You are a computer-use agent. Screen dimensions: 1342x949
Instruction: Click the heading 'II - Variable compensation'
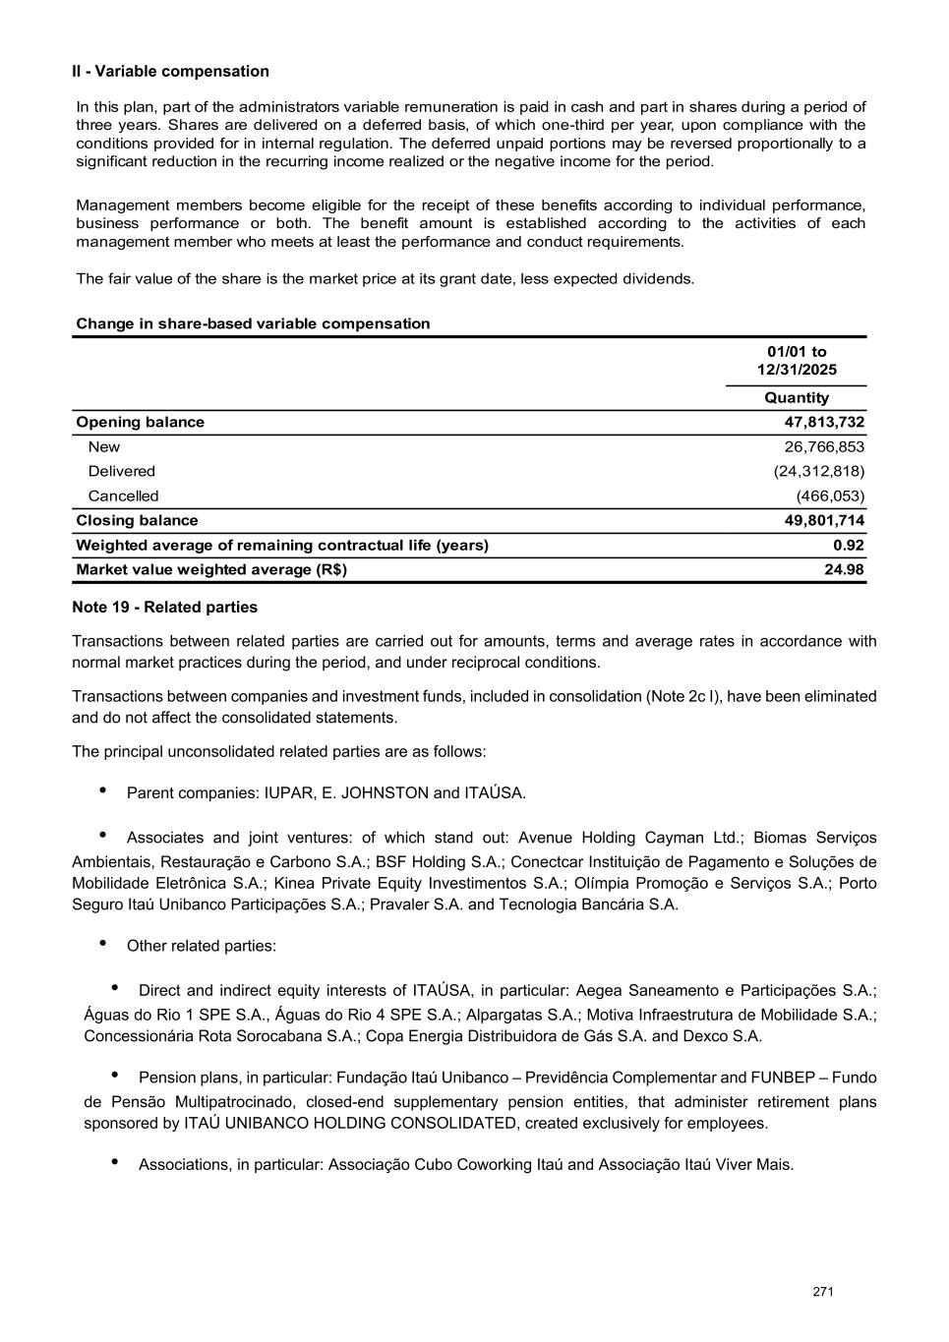170,72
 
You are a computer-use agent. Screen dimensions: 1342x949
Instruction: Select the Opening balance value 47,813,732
824,423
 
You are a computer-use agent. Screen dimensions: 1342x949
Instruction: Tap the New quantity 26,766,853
824,447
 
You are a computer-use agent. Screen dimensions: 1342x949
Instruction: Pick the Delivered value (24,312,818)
819,472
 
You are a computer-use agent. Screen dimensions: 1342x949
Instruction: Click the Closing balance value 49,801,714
824,521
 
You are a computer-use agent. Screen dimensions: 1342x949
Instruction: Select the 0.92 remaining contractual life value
849,546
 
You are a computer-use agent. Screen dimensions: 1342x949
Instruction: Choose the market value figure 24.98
845,570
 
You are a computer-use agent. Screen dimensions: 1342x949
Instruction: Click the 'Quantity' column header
797,398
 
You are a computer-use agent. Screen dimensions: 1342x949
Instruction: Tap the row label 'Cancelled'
123,496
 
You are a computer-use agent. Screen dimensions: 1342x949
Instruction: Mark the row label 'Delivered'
121,472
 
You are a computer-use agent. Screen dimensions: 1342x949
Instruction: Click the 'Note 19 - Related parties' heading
164,608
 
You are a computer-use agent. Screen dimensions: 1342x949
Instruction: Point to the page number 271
823,1292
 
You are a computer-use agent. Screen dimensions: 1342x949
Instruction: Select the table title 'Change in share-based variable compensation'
253,324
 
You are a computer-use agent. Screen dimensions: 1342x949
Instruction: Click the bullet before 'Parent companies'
103,790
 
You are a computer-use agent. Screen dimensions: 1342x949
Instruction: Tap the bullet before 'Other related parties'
103,944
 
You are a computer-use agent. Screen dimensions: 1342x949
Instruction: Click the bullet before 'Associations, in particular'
115,1162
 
